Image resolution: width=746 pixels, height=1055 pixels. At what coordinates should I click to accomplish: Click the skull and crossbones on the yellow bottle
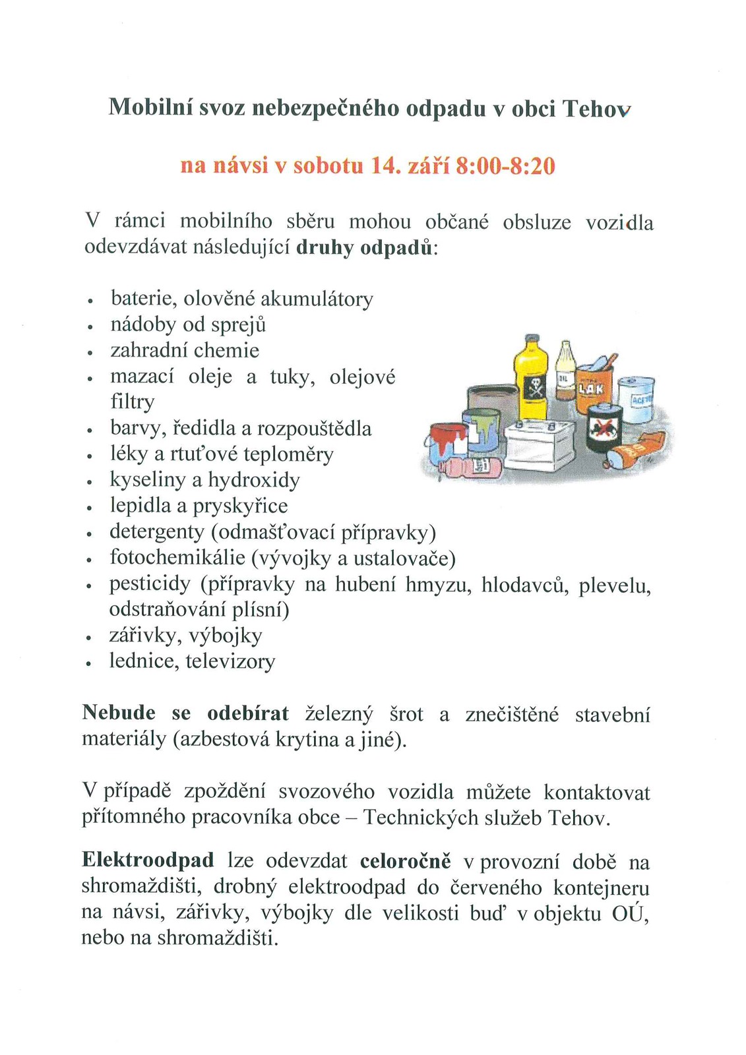pos(532,389)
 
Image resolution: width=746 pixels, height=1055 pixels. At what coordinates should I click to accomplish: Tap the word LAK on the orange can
pos(590,389)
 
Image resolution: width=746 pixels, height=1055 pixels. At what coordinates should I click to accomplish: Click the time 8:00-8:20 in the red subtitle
pos(505,166)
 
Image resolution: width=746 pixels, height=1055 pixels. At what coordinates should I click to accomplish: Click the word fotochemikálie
pos(177,558)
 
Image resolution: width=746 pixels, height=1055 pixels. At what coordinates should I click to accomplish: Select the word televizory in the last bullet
pos(230,661)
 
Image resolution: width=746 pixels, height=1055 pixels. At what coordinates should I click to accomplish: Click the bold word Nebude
pos(119,713)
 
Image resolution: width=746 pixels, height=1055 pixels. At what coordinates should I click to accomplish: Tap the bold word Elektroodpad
pos(148,860)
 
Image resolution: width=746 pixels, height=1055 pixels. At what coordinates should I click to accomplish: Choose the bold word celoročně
pos(406,860)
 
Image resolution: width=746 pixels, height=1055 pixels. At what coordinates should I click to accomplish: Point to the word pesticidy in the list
pos(149,584)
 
